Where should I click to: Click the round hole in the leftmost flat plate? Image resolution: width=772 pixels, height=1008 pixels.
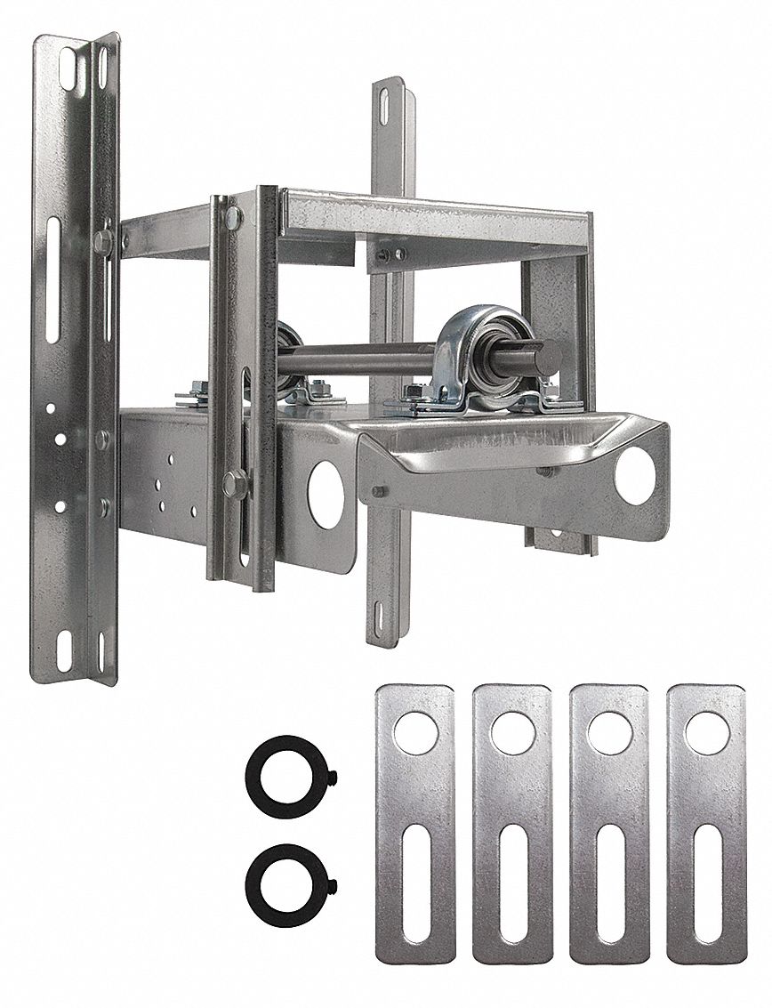pyautogui.click(x=415, y=733)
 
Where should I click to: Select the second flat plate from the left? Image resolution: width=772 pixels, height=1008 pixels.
pyautogui.click(x=512, y=823)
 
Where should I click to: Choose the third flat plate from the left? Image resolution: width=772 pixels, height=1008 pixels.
pyautogui.click(x=609, y=823)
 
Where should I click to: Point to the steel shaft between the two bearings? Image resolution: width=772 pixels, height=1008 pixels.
pyautogui.click(x=356, y=360)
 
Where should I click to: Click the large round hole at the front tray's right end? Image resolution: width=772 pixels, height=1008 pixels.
pyautogui.click(x=635, y=476)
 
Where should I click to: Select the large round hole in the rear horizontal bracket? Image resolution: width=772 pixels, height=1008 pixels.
pyautogui.click(x=326, y=495)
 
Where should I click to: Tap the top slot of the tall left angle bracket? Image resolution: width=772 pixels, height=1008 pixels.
pyautogui.click(x=68, y=69)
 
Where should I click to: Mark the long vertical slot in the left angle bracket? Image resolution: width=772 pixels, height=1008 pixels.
pyautogui.click(x=52, y=279)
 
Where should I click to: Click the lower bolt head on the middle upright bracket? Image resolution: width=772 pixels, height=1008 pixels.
pyautogui.click(x=233, y=483)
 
